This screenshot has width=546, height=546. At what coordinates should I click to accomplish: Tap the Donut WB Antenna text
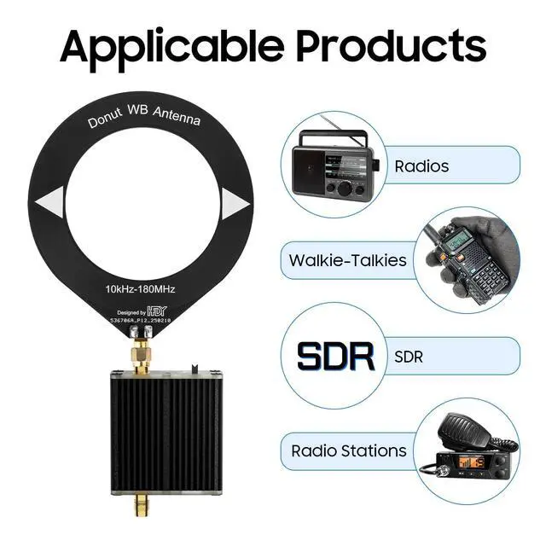pos(144,119)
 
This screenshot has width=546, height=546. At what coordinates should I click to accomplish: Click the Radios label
pos(421,166)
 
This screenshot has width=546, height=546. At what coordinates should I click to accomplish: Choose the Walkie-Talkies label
pos(347,260)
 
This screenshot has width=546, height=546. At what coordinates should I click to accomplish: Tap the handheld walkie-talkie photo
pos(468,257)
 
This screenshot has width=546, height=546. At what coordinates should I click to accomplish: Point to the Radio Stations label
pos(348,450)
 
